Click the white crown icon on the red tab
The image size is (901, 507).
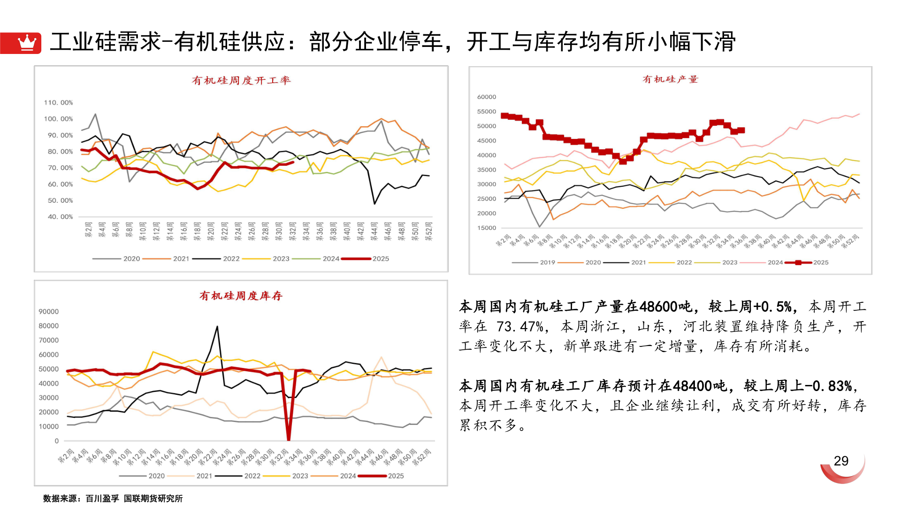27,43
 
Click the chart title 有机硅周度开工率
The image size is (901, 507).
241,80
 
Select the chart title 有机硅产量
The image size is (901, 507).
670,79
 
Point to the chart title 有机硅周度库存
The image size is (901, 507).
241,296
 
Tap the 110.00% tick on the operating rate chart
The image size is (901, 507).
58,102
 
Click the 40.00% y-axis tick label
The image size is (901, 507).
60,217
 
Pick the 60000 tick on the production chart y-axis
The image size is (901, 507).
486,97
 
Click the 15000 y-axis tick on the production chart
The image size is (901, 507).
486,228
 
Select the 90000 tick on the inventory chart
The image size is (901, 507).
48,312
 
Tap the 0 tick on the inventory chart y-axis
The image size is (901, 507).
57,441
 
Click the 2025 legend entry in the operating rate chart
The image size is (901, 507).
380,259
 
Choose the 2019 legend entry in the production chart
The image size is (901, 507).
547,262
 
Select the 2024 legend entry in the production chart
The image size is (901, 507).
775,262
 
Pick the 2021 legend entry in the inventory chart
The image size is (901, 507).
204,476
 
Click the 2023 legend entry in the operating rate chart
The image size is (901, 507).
281,259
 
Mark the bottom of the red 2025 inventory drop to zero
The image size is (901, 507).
289,440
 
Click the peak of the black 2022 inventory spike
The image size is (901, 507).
217,327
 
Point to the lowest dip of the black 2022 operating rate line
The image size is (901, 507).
374,204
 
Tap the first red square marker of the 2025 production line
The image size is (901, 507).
504,115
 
